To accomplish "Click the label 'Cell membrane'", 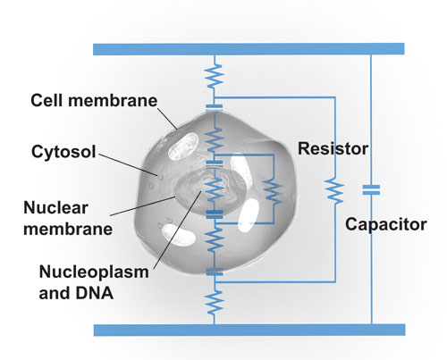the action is [94, 100].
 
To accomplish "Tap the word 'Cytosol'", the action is [63, 152].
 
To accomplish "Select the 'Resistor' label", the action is [333, 148].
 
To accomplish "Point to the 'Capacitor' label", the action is [386, 224].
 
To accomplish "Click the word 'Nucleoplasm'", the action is [94, 272].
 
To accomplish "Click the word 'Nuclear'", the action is [55, 207].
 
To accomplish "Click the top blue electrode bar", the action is [249, 49].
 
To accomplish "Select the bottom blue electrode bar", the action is [249, 330].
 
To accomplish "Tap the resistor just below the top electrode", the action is [215, 76].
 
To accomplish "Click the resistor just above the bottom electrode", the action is [215, 302].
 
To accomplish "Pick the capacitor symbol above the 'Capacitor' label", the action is [371, 190].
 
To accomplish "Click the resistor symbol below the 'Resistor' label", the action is [335, 190].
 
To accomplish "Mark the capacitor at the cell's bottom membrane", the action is [215, 272].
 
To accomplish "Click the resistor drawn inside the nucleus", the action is [215, 188].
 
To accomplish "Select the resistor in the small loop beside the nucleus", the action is [273, 192].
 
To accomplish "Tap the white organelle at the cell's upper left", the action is [183, 146].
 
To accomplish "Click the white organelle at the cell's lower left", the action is [178, 235].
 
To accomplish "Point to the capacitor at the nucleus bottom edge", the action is [215, 214].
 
